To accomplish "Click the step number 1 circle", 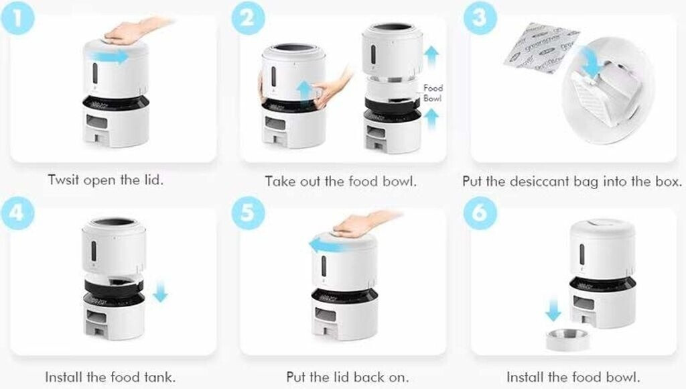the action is pyautogui.click(x=17, y=17).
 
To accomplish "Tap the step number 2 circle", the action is pyautogui.click(x=248, y=18).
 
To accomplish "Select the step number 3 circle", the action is pyautogui.click(x=480, y=18).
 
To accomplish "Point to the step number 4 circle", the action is pyautogui.click(x=17, y=213).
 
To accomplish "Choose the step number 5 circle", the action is pyautogui.click(x=248, y=213).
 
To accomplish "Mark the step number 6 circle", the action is pyautogui.click(x=480, y=213).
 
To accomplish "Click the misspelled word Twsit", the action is pyautogui.click(x=64, y=180).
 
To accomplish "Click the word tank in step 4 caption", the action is pyautogui.click(x=159, y=377).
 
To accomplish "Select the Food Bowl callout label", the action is pyautogui.click(x=433, y=93).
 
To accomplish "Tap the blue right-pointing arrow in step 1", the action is pyautogui.click(x=108, y=56).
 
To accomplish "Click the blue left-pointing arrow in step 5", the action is pyautogui.click(x=330, y=245).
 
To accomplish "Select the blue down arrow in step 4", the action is pyautogui.click(x=161, y=292).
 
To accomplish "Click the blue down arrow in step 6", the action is pyautogui.click(x=553, y=310).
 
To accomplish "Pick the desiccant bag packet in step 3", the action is pyautogui.click(x=541, y=48).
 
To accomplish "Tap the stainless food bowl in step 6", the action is pyautogui.click(x=567, y=339).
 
